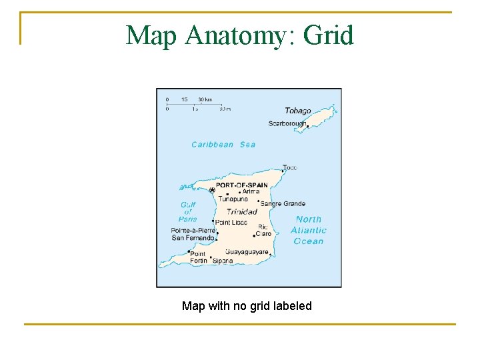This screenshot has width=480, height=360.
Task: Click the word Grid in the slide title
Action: [x=328, y=35]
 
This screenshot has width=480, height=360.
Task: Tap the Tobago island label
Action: [x=297, y=111]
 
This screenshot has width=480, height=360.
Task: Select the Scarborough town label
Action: [x=287, y=123]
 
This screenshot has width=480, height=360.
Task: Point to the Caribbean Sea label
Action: [x=223, y=144]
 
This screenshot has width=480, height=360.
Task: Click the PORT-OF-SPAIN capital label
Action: [x=241, y=185]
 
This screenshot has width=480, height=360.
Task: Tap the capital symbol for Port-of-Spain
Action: [x=212, y=191]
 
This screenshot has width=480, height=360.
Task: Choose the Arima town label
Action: [x=251, y=191]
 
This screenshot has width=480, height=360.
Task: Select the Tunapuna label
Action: [x=233, y=199]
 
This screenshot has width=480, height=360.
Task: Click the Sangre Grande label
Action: [x=283, y=203]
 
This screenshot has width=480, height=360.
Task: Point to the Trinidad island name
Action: [x=241, y=212]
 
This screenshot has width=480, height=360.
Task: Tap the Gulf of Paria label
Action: [x=188, y=211]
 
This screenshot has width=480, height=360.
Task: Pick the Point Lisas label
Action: [x=231, y=222]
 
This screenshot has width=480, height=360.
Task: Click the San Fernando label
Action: [x=193, y=237]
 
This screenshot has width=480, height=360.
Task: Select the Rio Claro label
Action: [x=265, y=231]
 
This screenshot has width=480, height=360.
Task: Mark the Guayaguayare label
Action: [x=247, y=252]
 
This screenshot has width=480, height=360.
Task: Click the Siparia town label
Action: [x=223, y=261]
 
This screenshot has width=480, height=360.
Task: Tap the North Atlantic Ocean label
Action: [x=308, y=230]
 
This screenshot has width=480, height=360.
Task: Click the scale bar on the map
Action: [x=197, y=104]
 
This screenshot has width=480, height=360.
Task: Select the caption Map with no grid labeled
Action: [x=247, y=306]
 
